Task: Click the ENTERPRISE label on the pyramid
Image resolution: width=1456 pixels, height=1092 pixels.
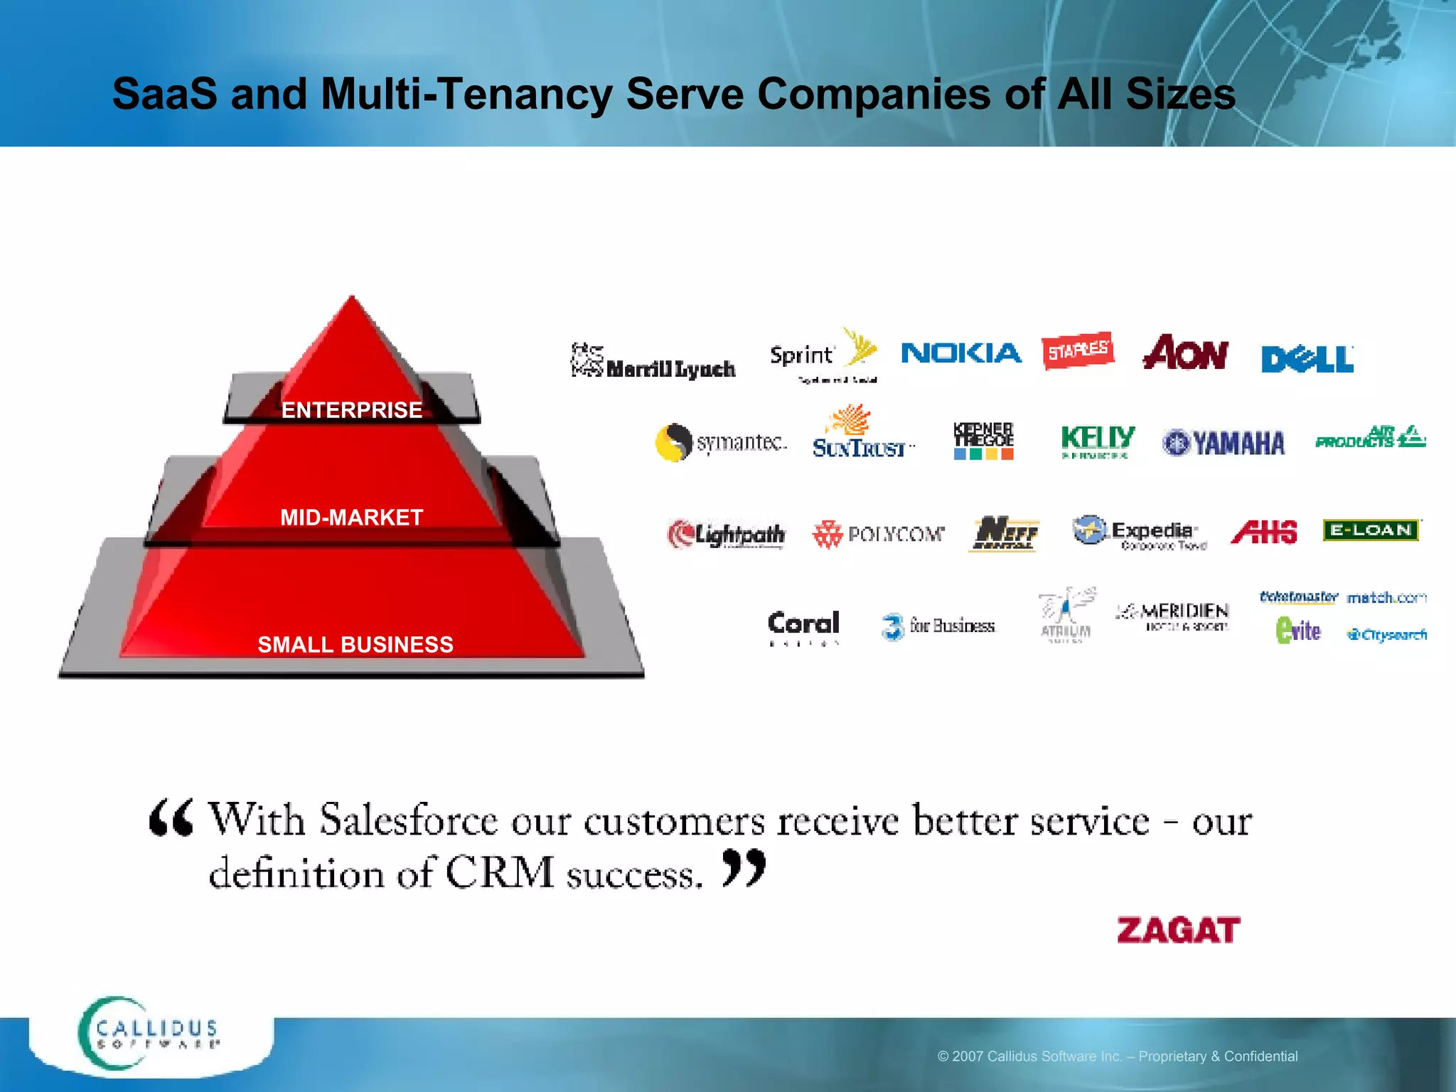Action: (x=352, y=410)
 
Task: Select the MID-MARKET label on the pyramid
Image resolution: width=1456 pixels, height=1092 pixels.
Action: (x=352, y=518)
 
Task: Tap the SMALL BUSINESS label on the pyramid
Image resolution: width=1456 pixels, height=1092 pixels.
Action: (x=355, y=645)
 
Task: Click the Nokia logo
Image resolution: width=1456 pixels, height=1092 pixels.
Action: (x=961, y=353)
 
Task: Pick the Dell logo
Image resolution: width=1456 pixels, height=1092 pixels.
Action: (x=1307, y=359)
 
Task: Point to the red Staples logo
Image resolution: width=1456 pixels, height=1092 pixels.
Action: (x=1078, y=350)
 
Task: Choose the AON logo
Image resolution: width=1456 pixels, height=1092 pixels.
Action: (x=1185, y=353)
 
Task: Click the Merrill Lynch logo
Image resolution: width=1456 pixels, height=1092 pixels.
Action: (x=653, y=363)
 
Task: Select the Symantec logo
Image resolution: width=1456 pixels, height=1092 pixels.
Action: (x=721, y=443)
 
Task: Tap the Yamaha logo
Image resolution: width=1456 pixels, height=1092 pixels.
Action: (x=1224, y=443)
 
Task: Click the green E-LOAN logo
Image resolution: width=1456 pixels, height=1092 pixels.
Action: (x=1371, y=530)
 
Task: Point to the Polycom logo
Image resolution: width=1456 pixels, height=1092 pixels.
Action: (x=879, y=534)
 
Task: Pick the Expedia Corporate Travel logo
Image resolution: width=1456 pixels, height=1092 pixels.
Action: (x=1140, y=532)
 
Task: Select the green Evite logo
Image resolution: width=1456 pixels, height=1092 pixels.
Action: (x=1298, y=631)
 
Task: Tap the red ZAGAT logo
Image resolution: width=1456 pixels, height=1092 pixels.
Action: (x=1178, y=931)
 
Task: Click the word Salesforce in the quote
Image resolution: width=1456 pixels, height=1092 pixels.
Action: (x=409, y=821)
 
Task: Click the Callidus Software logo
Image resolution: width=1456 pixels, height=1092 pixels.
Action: (x=149, y=1034)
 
